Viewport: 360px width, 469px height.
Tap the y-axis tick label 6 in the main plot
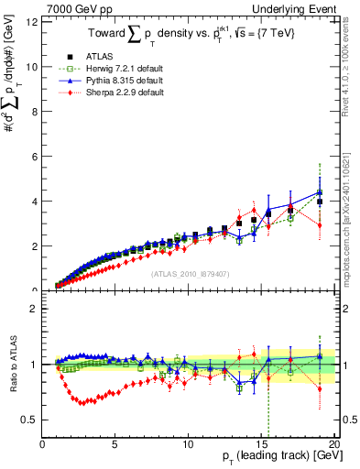33,157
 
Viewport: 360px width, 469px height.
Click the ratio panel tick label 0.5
29,420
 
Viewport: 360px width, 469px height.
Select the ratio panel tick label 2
33,309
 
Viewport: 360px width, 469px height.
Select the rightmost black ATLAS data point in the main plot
319,202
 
